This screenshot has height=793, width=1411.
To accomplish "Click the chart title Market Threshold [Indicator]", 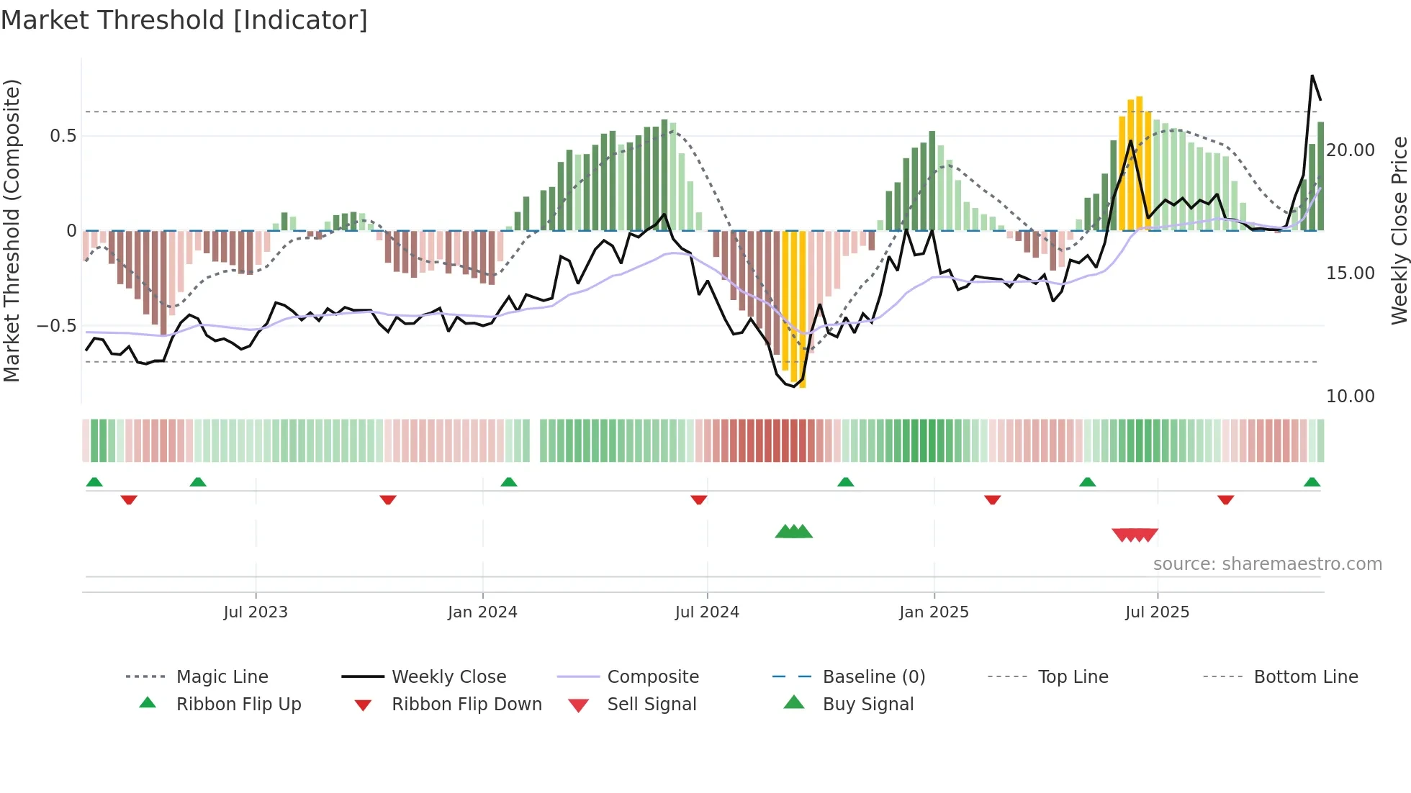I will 184,20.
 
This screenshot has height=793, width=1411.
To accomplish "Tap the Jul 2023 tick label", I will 256,612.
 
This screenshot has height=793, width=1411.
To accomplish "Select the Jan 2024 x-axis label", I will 482,612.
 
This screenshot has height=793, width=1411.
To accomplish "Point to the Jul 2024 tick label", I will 707,612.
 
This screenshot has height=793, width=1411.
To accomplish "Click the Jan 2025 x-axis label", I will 934,612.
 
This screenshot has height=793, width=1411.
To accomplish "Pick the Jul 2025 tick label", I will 1157,612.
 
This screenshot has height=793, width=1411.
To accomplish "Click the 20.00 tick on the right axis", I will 1351,150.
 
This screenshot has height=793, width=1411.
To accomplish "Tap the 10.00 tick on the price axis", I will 1351,396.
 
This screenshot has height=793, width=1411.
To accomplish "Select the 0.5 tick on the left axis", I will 63,136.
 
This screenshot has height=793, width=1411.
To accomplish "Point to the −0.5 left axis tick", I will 57,326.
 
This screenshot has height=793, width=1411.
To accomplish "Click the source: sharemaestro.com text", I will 1267,564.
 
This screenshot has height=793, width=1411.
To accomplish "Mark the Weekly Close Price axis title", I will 1399,230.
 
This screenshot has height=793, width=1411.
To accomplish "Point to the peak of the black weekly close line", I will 1312,76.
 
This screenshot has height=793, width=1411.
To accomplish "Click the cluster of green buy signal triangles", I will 793,532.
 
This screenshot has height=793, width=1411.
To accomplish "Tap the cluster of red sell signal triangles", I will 1135,535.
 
